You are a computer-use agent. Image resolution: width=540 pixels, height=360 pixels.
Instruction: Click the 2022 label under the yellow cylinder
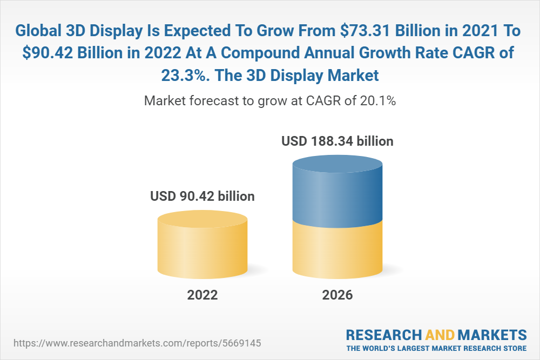point(202,295)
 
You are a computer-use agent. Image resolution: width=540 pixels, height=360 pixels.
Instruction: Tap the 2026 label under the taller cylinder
point(337,295)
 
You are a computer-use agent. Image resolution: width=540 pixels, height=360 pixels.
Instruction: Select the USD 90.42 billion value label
point(202,196)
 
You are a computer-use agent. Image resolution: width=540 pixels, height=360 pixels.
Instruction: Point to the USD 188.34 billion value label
point(337,142)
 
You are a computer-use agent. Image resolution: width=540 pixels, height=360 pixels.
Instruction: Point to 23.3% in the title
point(184,76)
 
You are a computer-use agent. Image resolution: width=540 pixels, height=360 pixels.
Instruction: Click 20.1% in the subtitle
point(377,101)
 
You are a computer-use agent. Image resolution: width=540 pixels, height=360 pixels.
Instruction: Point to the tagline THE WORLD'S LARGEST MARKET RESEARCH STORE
point(436,348)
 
